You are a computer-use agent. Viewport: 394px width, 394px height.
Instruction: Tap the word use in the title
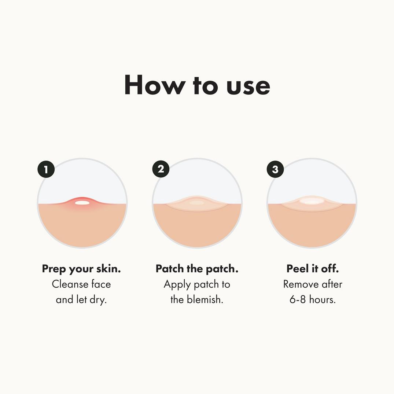tap(248, 86)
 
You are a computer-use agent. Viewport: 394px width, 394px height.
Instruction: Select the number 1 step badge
tap(46, 169)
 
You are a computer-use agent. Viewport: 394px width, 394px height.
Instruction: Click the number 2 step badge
tap(161, 169)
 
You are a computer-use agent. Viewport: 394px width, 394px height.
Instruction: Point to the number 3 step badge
tap(275, 169)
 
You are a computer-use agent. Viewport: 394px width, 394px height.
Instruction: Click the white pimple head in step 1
tap(82, 202)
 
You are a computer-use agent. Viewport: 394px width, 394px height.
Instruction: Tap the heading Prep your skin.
tap(81, 269)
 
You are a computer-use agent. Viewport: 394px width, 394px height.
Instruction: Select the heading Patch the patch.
tap(197, 269)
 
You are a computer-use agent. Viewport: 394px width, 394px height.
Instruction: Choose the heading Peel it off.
tap(312, 269)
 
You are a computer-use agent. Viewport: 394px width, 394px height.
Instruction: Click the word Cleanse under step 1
tap(70, 284)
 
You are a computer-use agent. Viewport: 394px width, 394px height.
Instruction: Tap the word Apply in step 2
tap(177, 284)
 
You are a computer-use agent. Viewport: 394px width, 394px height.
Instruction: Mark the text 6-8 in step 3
tap(298, 299)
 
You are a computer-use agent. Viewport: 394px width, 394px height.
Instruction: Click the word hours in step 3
tap(322, 299)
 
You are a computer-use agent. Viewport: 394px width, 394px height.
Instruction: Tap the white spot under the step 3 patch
tap(312, 200)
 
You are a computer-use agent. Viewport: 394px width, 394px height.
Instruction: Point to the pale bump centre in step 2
tap(197, 203)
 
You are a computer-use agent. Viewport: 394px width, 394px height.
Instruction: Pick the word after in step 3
tap(332, 284)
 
